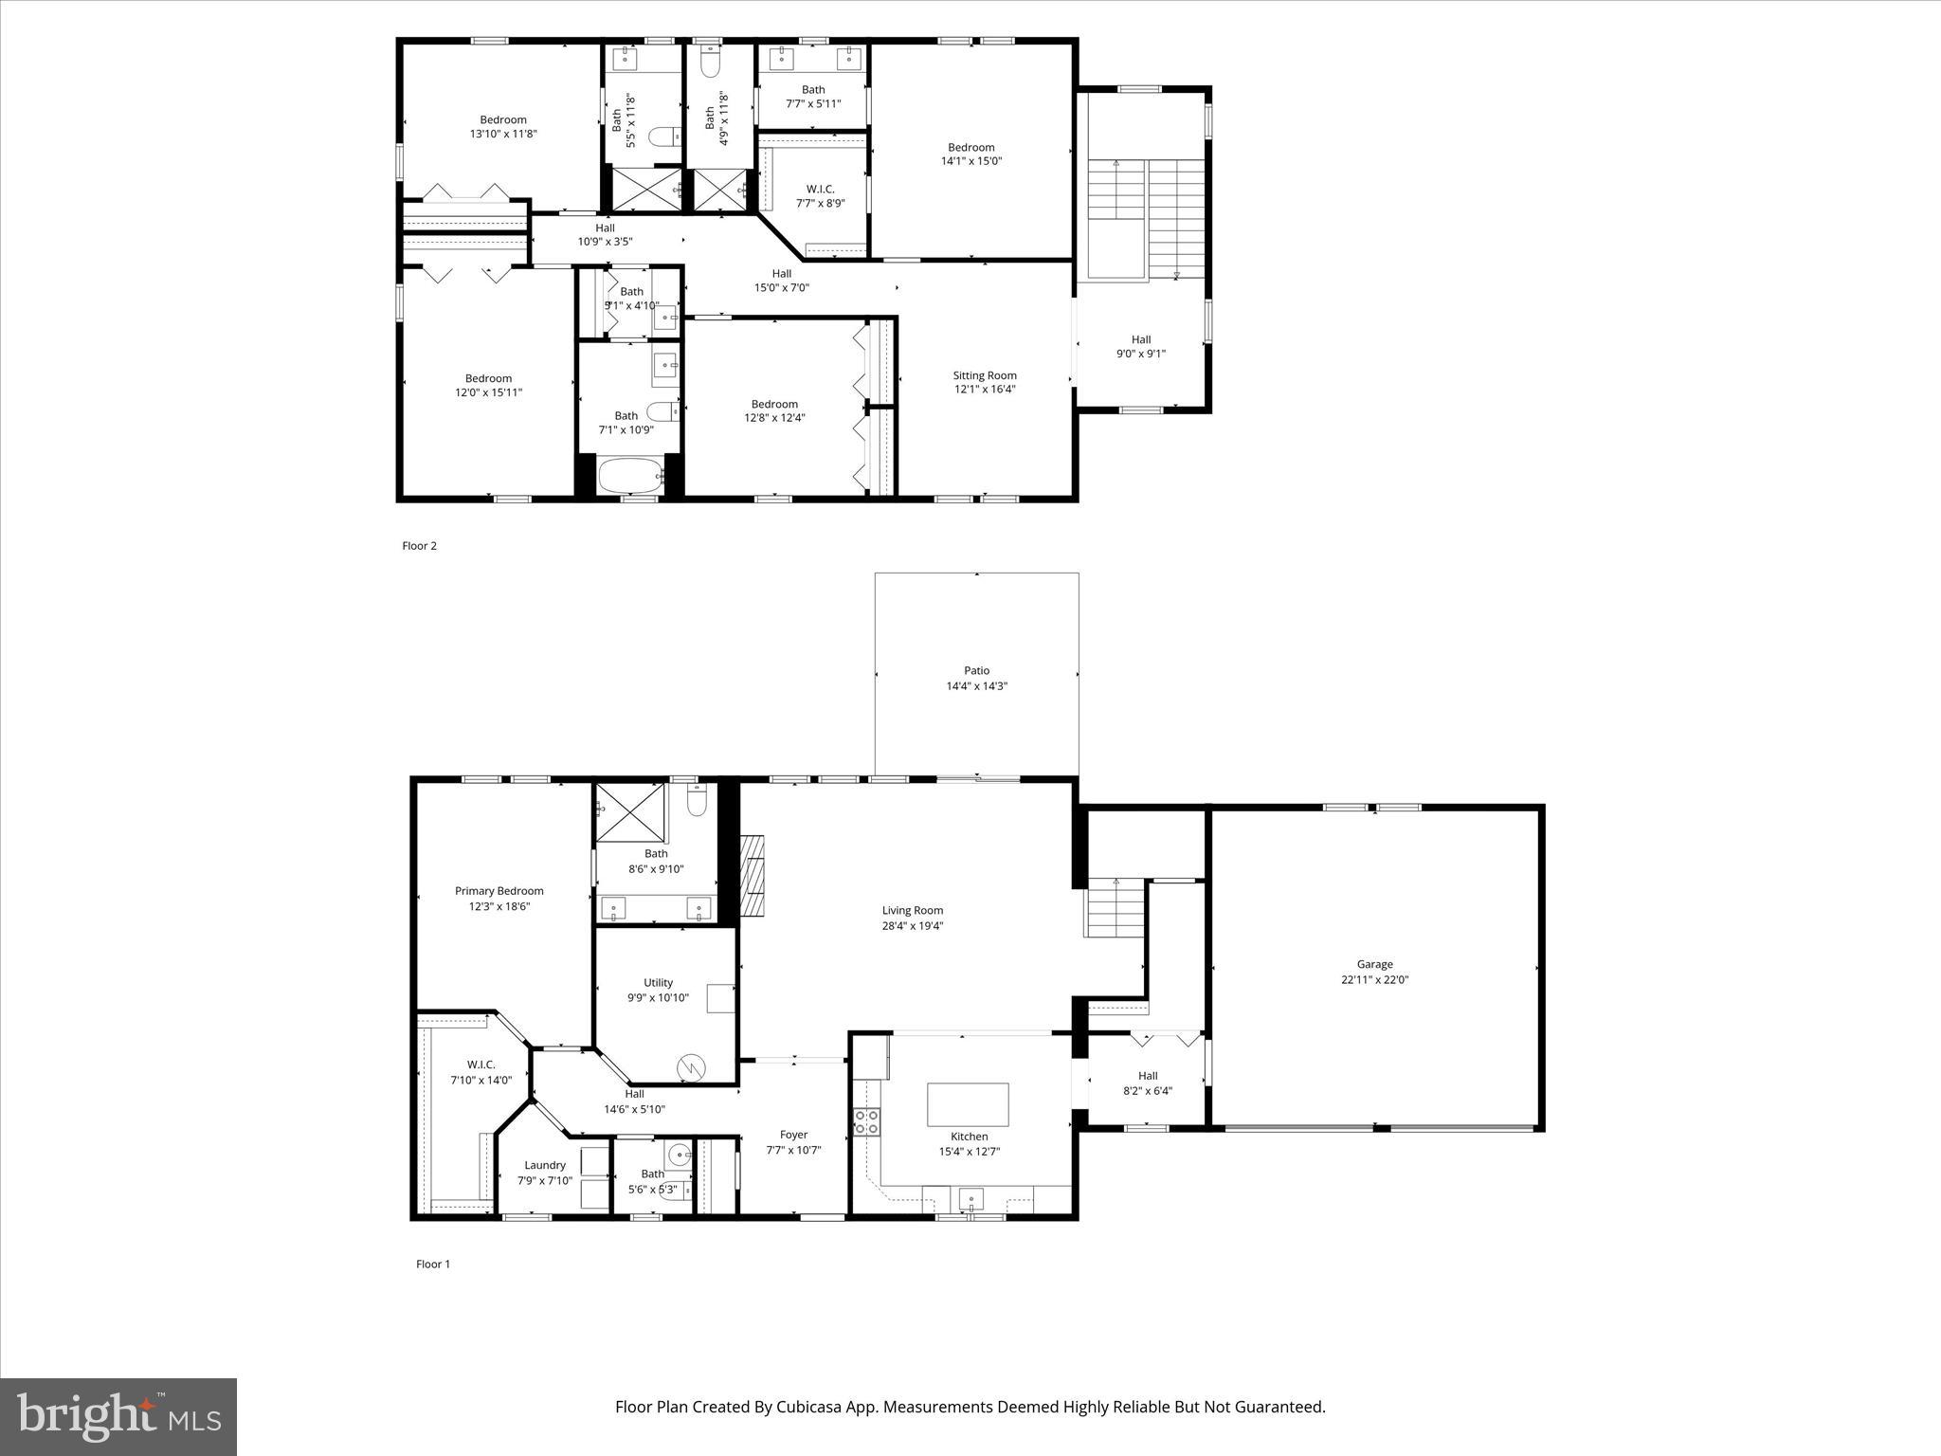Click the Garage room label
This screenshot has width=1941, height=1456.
click(1374, 964)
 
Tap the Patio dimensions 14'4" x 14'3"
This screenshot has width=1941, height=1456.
click(976, 685)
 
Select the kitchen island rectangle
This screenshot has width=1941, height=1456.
click(967, 1103)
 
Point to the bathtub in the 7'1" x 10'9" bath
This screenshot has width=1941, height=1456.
click(630, 476)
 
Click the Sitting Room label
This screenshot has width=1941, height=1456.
click(984, 375)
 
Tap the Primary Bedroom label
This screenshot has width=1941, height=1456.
click(499, 890)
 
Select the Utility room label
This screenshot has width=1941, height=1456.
click(658, 982)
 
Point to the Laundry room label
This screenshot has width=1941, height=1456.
click(544, 1165)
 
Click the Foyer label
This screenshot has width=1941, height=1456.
click(793, 1135)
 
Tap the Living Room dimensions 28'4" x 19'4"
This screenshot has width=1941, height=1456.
click(912, 926)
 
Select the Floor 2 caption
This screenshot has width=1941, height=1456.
click(419, 546)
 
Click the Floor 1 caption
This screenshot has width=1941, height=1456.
click(433, 1264)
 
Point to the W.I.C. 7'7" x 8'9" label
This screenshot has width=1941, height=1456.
click(820, 195)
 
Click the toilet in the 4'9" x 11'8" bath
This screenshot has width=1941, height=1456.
click(710, 62)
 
